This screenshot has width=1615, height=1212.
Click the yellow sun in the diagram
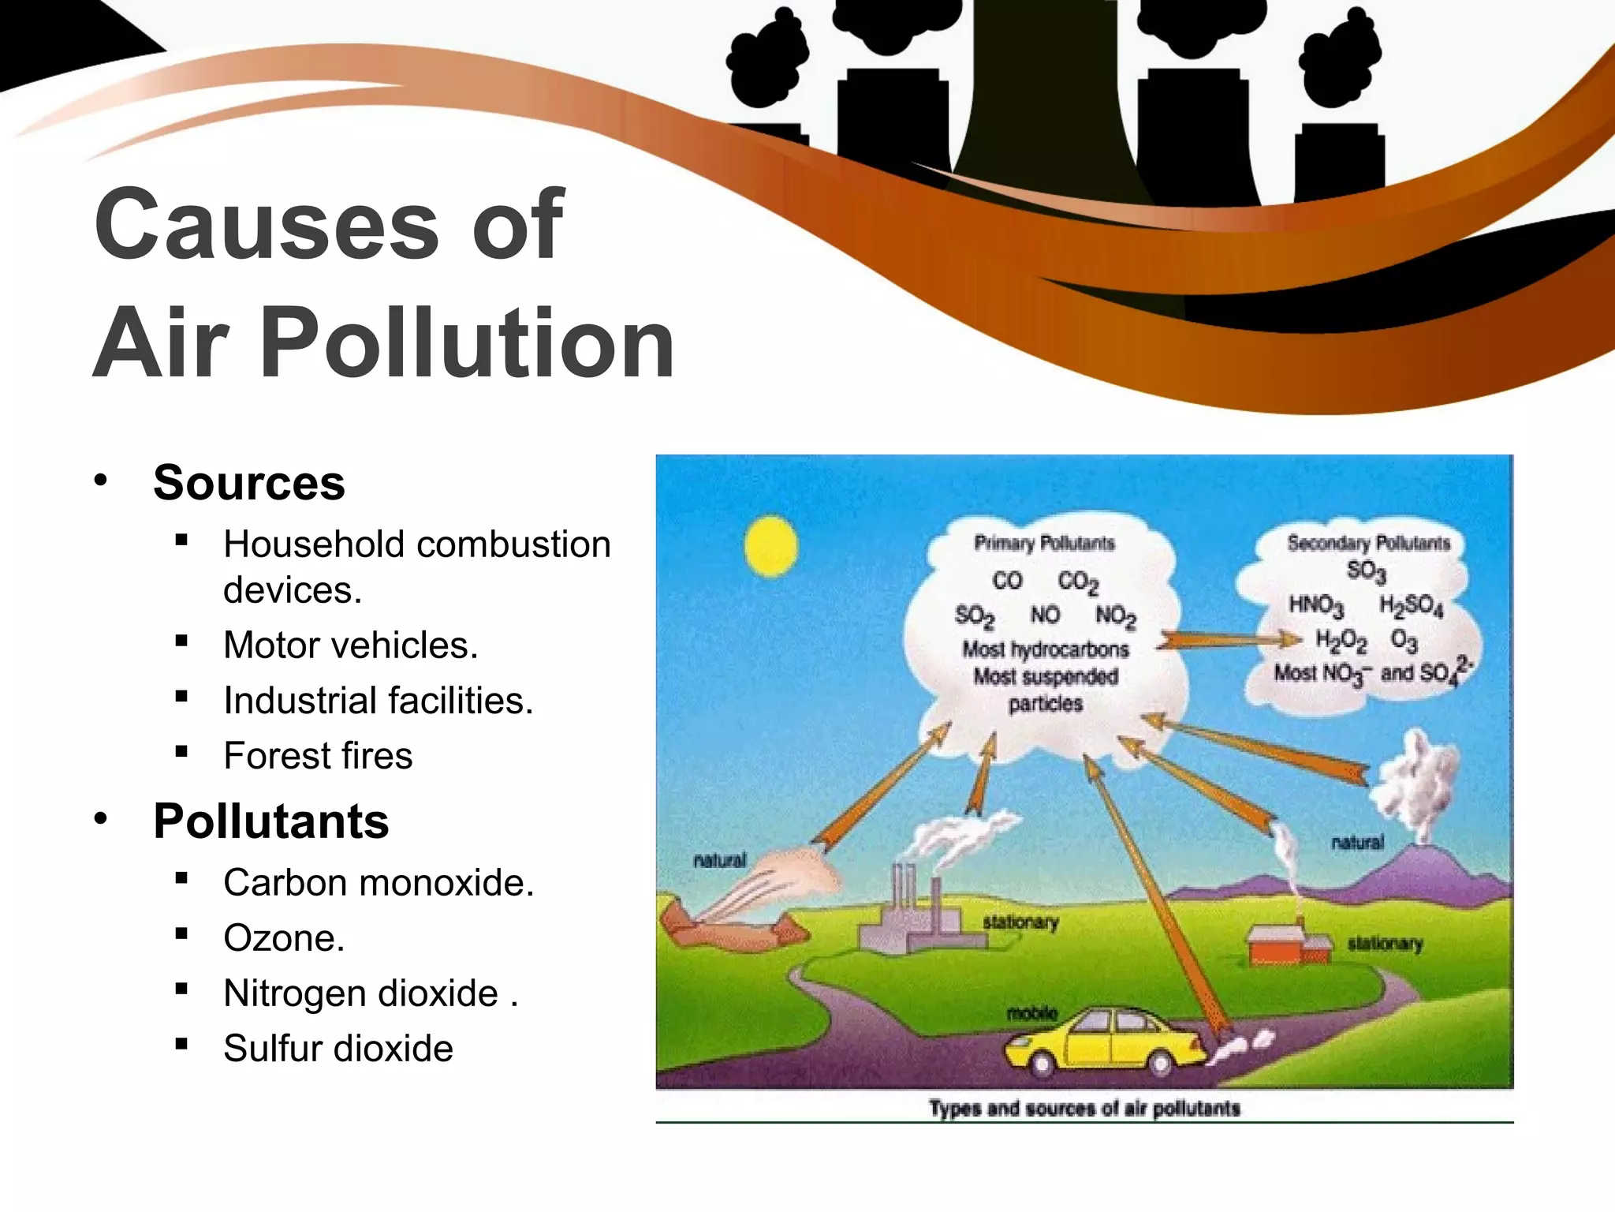coord(770,546)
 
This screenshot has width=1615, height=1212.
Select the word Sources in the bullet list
coord(248,482)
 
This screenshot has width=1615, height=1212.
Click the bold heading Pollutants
coord(270,821)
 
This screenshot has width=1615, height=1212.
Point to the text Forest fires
coord(318,755)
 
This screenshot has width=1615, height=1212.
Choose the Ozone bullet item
coord(284,937)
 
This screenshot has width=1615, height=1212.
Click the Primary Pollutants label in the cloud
coord(1044,543)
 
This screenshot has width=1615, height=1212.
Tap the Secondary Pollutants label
coord(1368,543)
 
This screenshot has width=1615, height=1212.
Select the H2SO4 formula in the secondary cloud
coord(1411,606)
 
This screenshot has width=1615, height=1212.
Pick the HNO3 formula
coord(1315,606)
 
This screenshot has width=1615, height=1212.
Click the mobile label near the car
coord(1032,1013)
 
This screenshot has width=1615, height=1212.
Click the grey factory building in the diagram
coord(915,923)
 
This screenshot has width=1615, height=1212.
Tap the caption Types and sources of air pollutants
coord(1084,1109)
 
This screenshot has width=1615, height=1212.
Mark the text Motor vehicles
coord(350,645)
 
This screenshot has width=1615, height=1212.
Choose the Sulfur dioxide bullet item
coord(338,1048)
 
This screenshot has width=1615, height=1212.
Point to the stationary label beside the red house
coord(1385,944)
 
